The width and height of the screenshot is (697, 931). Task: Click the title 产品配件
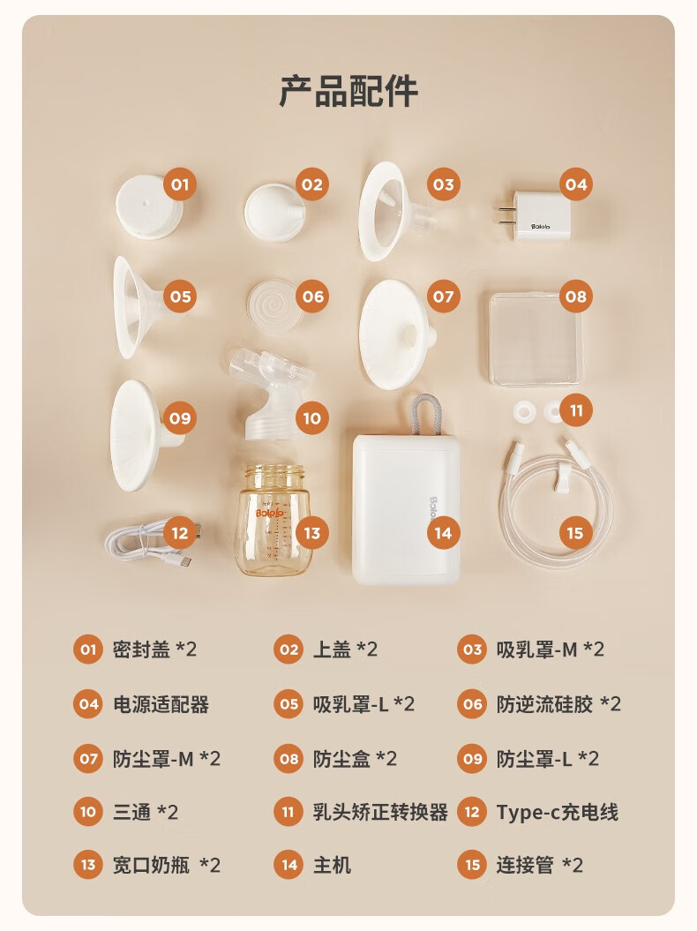[x=348, y=91]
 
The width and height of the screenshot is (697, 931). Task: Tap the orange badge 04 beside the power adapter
[x=575, y=184]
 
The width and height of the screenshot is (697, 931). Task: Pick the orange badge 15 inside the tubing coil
[x=574, y=533]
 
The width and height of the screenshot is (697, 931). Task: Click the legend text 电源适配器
[x=161, y=704]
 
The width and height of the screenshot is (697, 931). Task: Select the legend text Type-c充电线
[x=557, y=812]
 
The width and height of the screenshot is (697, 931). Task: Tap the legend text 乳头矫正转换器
[x=380, y=812]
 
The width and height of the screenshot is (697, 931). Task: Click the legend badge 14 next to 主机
[x=289, y=865]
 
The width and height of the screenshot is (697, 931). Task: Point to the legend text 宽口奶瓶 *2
[x=166, y=865]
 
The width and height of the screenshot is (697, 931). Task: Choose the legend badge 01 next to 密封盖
[x=88, y=649]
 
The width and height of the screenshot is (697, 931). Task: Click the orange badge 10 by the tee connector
[x=311, y=418]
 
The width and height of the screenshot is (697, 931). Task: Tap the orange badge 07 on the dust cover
[x=444, y=297]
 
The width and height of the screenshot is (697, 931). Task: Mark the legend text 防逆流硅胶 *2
[x=558, y=704]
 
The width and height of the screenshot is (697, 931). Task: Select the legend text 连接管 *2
[x=540, y=865]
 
